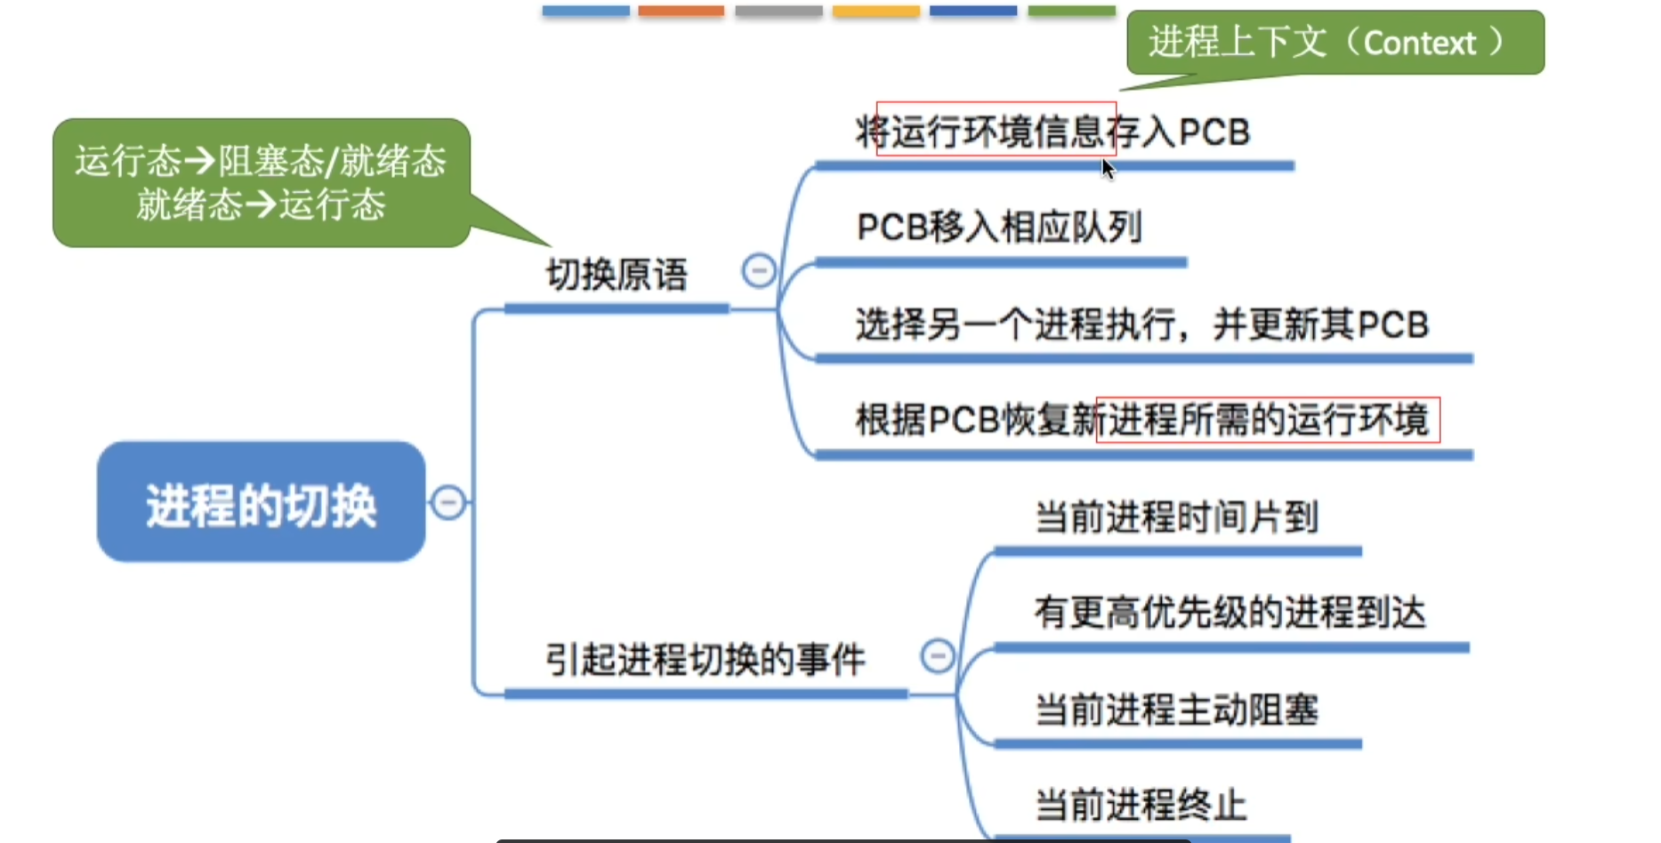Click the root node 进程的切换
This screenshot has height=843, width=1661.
261,502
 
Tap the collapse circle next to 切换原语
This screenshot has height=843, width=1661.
759,270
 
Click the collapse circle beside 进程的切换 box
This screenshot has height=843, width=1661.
448,502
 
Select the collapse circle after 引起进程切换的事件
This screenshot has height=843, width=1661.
937,656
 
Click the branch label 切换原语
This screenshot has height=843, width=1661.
617,275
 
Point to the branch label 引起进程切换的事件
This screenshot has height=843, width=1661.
705,660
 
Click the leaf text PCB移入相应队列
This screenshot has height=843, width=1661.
999,228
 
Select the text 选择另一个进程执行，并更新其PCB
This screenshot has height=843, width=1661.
1142,325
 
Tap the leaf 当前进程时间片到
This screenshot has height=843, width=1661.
1177,517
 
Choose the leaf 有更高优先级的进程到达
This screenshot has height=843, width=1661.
1230,613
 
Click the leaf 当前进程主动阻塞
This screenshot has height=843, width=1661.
1177,710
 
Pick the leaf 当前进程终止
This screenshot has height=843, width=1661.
1141,806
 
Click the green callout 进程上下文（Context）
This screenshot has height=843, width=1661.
1335,43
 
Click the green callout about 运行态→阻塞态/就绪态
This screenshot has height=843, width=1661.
261,182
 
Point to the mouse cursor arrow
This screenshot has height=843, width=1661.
1108,168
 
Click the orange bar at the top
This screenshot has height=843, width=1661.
681,11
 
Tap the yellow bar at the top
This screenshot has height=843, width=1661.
876,11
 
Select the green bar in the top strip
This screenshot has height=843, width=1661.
1072,11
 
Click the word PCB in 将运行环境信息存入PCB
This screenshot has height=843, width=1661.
1214,132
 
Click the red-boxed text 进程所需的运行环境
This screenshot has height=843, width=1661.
1268,420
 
